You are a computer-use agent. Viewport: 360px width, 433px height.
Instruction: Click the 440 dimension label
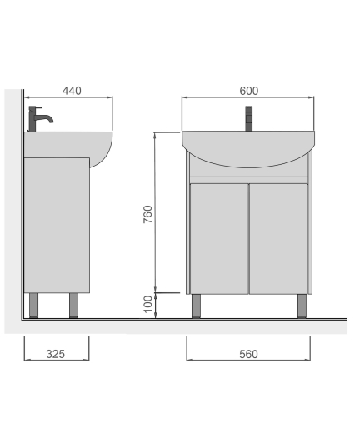coord(72,91)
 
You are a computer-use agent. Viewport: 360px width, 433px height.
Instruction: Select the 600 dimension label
coord(249,91)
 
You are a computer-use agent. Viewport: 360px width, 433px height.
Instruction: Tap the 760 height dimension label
coord(147,214)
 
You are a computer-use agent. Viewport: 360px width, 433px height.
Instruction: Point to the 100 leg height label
coord(148,304)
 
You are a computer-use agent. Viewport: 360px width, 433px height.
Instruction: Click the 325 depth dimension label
coord(56,354)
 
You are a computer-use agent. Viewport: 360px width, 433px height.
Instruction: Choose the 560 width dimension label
coord(248,354)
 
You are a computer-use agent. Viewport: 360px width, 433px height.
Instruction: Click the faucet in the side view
coord(40,119)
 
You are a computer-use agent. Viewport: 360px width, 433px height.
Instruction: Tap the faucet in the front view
coord(248,118)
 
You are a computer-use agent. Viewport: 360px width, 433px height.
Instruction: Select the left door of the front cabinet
coord(219,239)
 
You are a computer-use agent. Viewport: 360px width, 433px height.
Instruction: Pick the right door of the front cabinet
coord(278,239)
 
